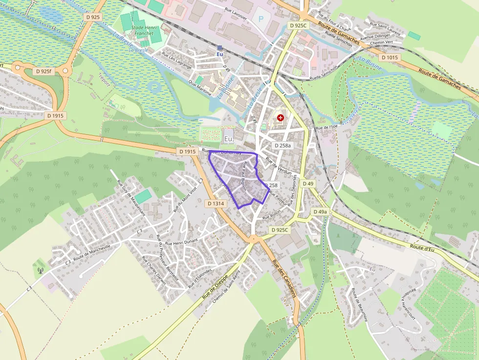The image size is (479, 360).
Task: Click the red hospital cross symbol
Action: coord(280,118)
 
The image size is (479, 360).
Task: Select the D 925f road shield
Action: coord(44,71)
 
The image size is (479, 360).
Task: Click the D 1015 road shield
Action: coord(390,58)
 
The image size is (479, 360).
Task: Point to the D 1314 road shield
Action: coord(216,203)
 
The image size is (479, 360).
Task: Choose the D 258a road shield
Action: coord(283,146)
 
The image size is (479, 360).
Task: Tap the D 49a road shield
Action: coord(320,212)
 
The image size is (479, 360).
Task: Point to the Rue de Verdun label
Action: coord(278,166)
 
